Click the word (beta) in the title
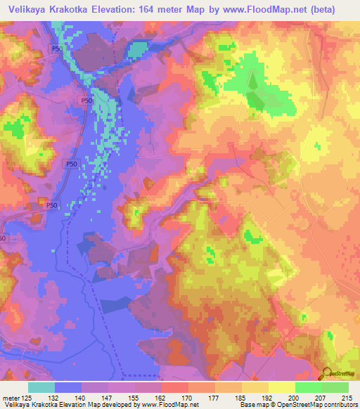pos(321,9)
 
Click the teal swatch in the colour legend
pos(42,387)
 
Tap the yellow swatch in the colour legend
pos(281,387)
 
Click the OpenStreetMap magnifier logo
pos(327,373)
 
